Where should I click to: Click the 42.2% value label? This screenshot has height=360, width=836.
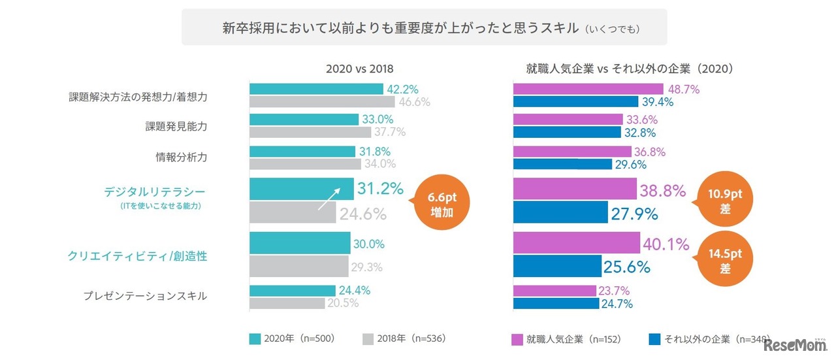pos(403,90)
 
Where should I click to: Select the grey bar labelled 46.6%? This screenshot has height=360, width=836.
pos(322,102)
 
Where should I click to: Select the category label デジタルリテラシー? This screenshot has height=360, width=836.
pos(155,191)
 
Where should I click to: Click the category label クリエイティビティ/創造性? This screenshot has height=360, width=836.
pos(137,256)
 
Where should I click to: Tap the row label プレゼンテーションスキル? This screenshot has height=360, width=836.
pos(145,295)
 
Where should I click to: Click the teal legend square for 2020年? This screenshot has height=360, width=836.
pos(255,338)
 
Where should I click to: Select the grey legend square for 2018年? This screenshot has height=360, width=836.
pos(367,338)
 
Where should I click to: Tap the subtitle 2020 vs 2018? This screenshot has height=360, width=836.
pos(360,68)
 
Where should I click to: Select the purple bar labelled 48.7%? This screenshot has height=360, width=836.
pos(588,90)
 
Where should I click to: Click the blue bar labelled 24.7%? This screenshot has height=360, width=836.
pos(556,303)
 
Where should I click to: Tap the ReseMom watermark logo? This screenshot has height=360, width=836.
pos(794,345)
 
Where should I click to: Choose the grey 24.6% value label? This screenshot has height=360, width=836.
pos(362,214)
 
